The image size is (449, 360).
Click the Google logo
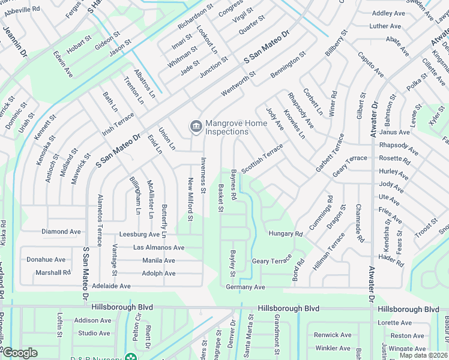[19, 353]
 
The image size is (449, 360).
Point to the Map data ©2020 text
[423, 355]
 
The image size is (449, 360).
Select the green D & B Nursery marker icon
[131, 358]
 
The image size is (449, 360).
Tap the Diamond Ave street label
[61, 232]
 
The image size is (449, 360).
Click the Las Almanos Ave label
[158, 247]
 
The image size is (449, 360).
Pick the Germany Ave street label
[246, 287]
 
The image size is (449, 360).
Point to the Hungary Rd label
[285, 233]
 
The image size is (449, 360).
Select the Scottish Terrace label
[262, 158]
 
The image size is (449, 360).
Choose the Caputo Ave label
[371, 64]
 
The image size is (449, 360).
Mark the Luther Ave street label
[385, 26]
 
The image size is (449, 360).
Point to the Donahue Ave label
[46, 260]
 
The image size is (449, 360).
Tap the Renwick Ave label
[333, 335]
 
